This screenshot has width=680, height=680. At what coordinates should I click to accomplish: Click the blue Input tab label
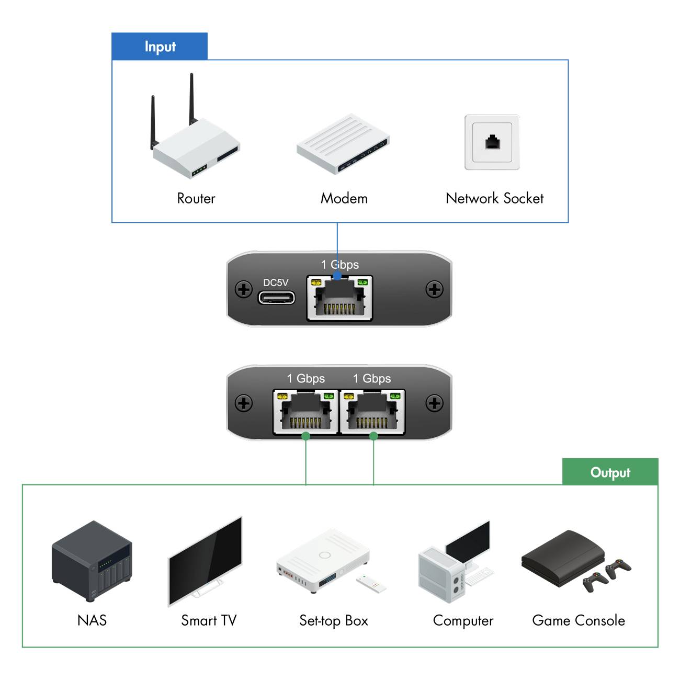click(x=160, y=47)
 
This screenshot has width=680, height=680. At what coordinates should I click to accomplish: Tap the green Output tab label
click(x=610, y=472)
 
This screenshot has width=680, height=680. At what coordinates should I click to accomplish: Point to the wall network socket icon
click(x=492, y=142)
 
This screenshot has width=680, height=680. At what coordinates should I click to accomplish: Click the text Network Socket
click(x=494, y=198)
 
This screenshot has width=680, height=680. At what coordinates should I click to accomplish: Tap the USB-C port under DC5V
click(x=276, y=298)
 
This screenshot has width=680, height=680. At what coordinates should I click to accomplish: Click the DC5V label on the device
click(x=276, y=282)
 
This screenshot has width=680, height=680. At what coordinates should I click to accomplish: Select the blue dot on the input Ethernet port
click(x=337, y=275)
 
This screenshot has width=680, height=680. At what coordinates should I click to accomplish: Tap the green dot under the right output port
click(x=373, y=436)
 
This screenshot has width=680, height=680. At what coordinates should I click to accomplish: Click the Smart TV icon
click(x=206, y=562)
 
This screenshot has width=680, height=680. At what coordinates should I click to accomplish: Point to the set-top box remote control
click(x=372, y=584)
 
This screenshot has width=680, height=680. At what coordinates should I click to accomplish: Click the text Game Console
click(x=578, y=620)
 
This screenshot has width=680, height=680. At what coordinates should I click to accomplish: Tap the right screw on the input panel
click(x=434, y=289)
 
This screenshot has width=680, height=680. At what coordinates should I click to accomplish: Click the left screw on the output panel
click(x=244, y=403)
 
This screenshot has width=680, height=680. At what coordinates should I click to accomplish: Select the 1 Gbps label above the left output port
click(x=305, y=378)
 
